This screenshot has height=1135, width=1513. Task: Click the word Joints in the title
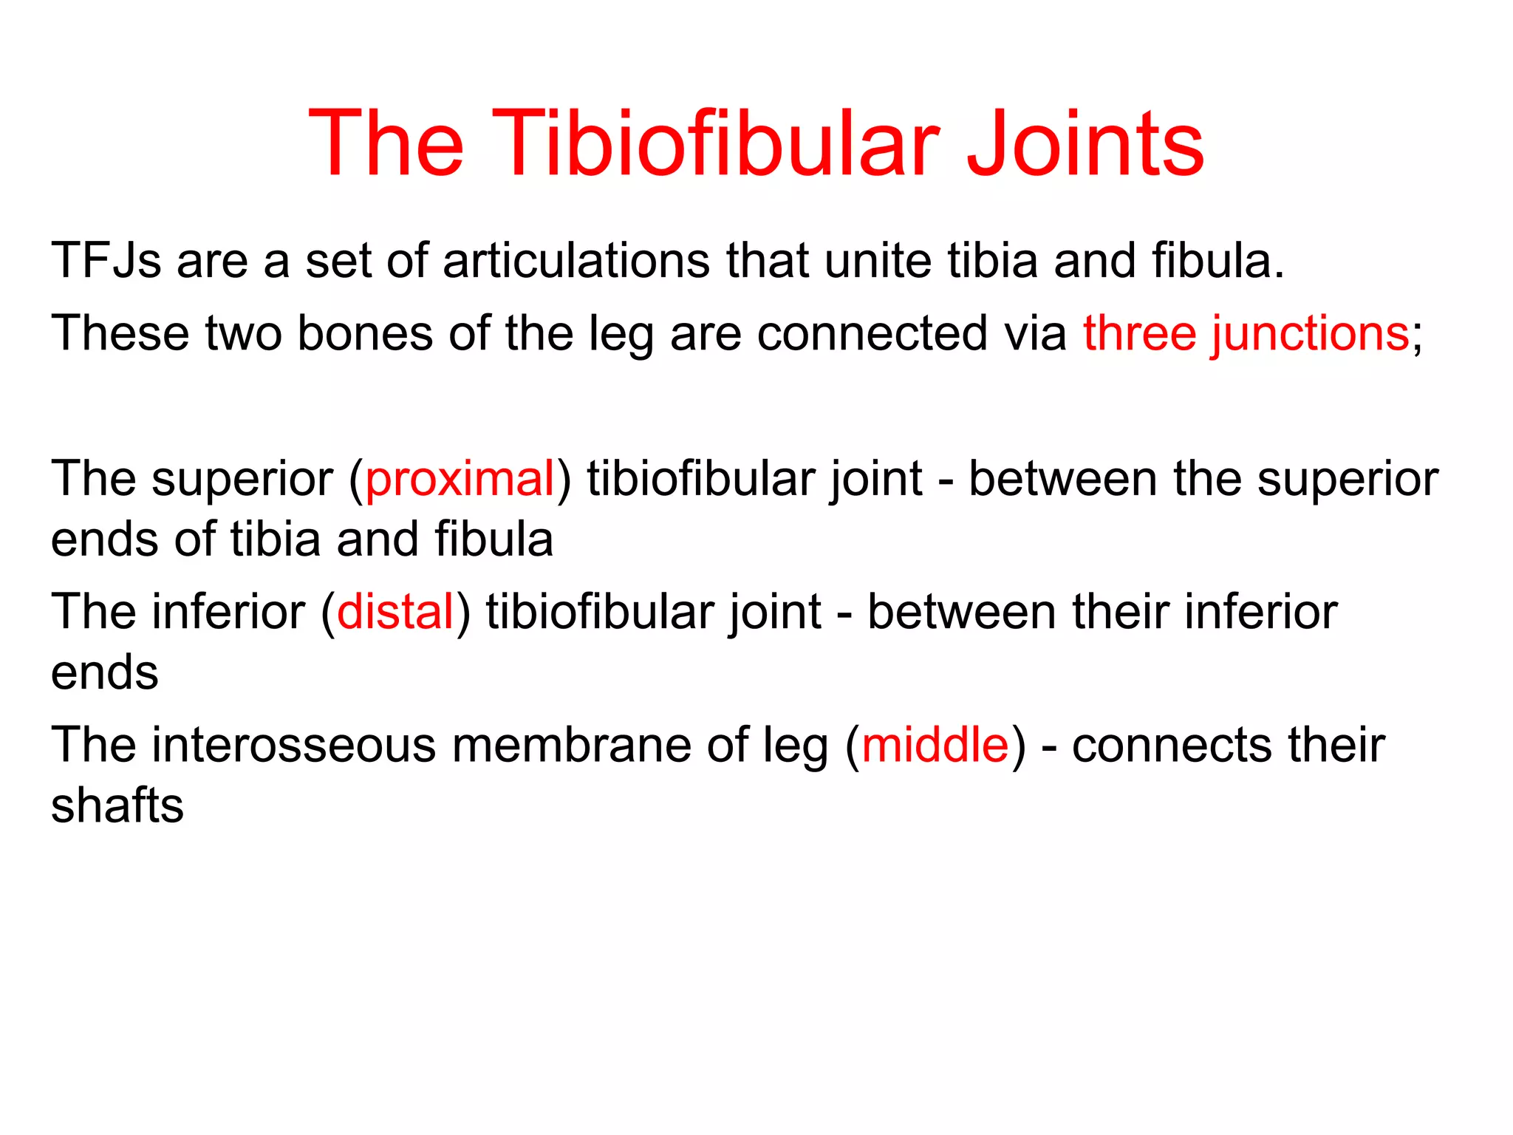click(x=1086, y=144)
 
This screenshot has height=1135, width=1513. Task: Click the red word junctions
click(x=1310, y=334)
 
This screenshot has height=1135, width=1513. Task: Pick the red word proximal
click(x=460, y=479)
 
